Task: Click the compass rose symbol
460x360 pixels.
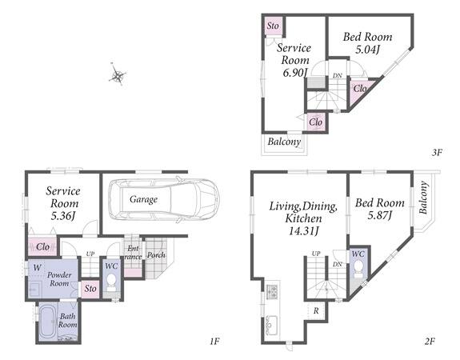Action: pos(118,74)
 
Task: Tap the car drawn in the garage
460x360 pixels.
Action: pos(164,199)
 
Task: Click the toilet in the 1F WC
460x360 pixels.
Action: pos(111,281)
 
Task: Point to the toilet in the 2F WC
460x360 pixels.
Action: pos(358,268)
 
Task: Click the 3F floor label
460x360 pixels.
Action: pos(437,152)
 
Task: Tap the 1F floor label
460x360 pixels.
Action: pos(214,342)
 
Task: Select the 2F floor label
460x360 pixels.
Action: pos(430,342)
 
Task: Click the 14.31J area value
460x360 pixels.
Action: pos(303,231)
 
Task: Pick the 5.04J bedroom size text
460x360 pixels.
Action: pos(367,50)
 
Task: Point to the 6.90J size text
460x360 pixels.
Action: pos(295,73)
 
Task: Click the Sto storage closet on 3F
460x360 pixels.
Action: pos(274,26)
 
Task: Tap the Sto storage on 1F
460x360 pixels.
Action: pos(90,289)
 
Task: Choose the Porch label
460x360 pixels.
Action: pos(156,255)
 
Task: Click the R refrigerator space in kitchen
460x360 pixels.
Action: pos(316,310)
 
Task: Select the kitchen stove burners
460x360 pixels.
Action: pos(272,292)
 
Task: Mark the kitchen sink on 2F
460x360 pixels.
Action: pos(272,324)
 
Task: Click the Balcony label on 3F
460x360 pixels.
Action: pos(284,142)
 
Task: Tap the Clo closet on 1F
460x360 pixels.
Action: pos(43,246)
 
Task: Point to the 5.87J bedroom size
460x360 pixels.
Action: pos(380,216)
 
